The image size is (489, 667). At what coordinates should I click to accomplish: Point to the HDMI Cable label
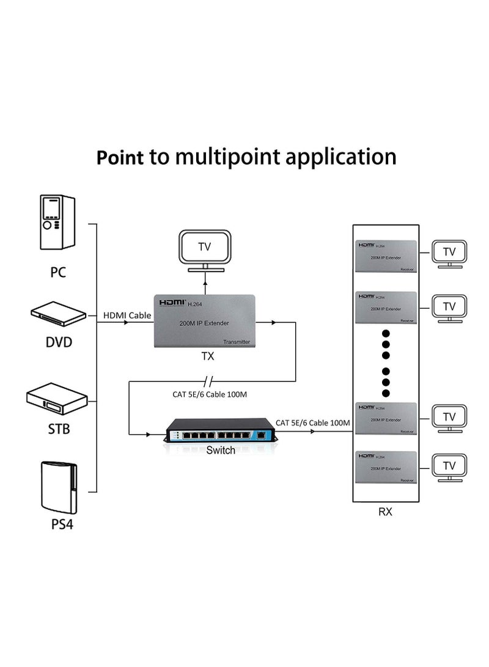pyautogui.click(x=127, y=315)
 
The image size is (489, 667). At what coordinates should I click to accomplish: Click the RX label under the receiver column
pyautogui.click(x=384, y=512)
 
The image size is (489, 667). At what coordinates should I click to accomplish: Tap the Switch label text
pyautogui.click(x=220, y=451)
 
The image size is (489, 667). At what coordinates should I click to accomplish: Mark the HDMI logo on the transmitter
pyautogui.click(x=172, y=302)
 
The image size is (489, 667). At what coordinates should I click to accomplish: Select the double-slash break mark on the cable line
pyautogui.click(x=210, y=381)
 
